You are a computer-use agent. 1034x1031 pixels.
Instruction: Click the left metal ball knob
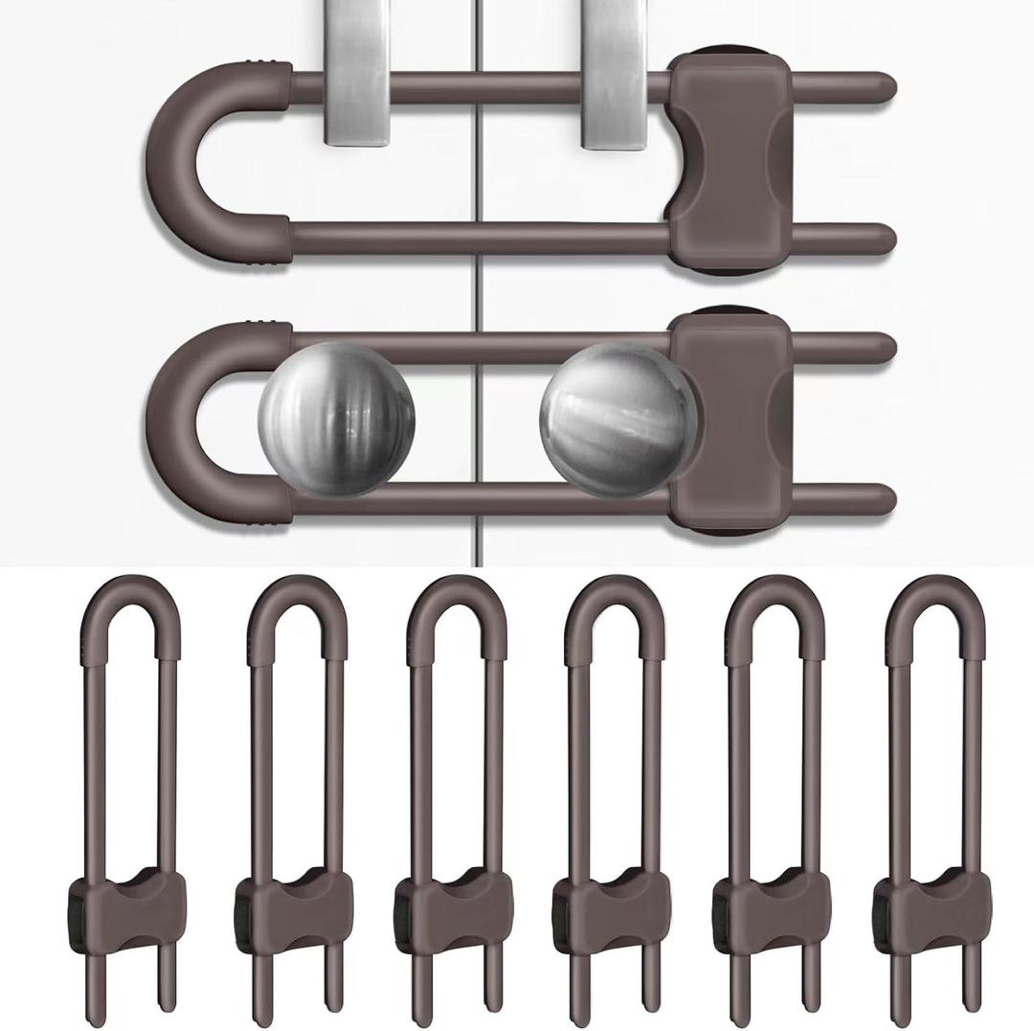(x=337, y=419)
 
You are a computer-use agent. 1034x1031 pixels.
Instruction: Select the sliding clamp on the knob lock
(x=730, y=422)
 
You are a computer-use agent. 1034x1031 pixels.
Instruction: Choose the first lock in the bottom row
(x=130, y=795)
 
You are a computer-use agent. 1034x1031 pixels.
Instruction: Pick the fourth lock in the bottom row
(x=614, y=795)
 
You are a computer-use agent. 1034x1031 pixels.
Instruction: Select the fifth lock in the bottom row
(x=775, y=795)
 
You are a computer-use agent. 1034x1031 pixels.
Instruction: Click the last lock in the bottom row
(x=934, y=795)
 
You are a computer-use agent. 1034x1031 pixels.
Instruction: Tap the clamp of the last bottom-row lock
(x=934, y=905)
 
